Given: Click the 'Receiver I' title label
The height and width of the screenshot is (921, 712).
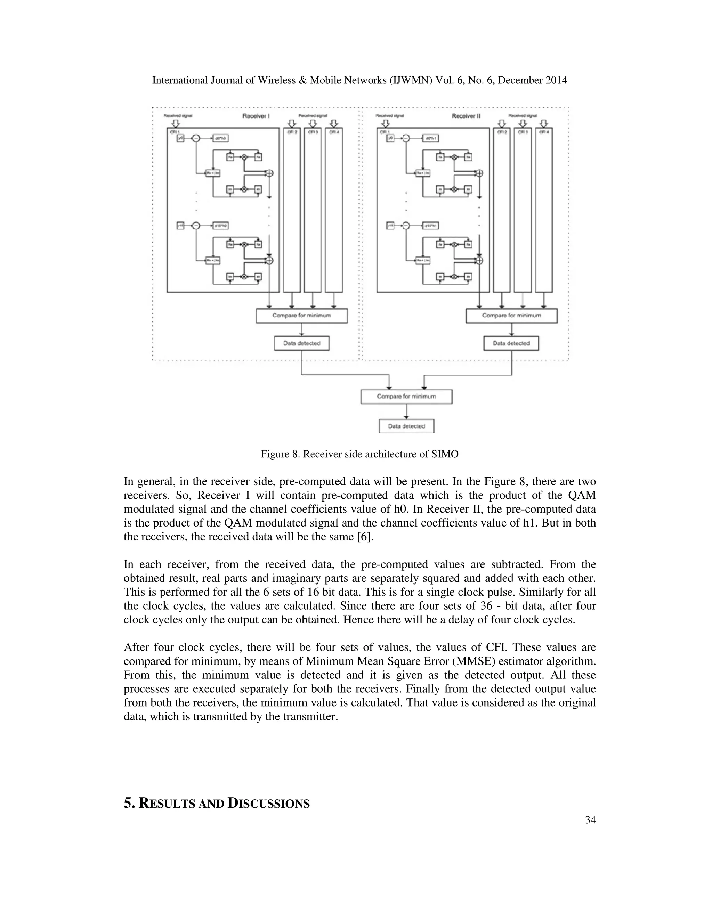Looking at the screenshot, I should coord(256,116).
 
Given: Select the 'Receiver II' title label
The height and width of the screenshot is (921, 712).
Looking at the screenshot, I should coord(466,116).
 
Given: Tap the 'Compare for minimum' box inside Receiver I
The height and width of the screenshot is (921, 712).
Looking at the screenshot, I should coord(301,316).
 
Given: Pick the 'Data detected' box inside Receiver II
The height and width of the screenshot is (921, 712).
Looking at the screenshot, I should coord(511,343).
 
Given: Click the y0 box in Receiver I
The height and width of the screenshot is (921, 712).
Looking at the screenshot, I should coord(180,138).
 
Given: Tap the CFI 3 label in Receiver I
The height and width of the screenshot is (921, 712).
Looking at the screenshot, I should coord(313,132).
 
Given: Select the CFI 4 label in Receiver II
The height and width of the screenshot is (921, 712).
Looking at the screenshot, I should coord(544,132).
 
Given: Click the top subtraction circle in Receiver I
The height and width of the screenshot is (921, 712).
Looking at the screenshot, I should coord(196,138).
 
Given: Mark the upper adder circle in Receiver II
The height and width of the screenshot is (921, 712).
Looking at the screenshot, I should coord(479,173).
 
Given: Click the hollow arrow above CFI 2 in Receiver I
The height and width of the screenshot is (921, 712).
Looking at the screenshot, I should coord(291,123).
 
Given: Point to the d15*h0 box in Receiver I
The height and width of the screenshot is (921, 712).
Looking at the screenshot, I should coord(221,226).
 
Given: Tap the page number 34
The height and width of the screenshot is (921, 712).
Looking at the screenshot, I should coord(590,820).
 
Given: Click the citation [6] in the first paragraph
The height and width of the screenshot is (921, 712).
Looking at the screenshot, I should coord(365,537).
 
